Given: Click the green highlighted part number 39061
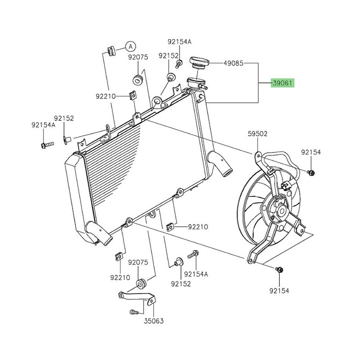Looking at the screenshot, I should pos(284,83).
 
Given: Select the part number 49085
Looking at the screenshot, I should pos(234,63).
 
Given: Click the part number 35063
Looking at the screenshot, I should pos(154,321).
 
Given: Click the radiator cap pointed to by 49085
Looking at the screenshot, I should pos(199,62).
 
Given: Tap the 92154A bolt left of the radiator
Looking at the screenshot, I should pos(46,145).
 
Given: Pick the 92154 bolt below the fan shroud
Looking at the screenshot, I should pos(280,269).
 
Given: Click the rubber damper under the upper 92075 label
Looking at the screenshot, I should pos(137,81).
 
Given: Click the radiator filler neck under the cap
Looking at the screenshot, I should pos(196,83).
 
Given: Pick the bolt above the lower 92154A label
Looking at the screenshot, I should pos(193,254).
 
